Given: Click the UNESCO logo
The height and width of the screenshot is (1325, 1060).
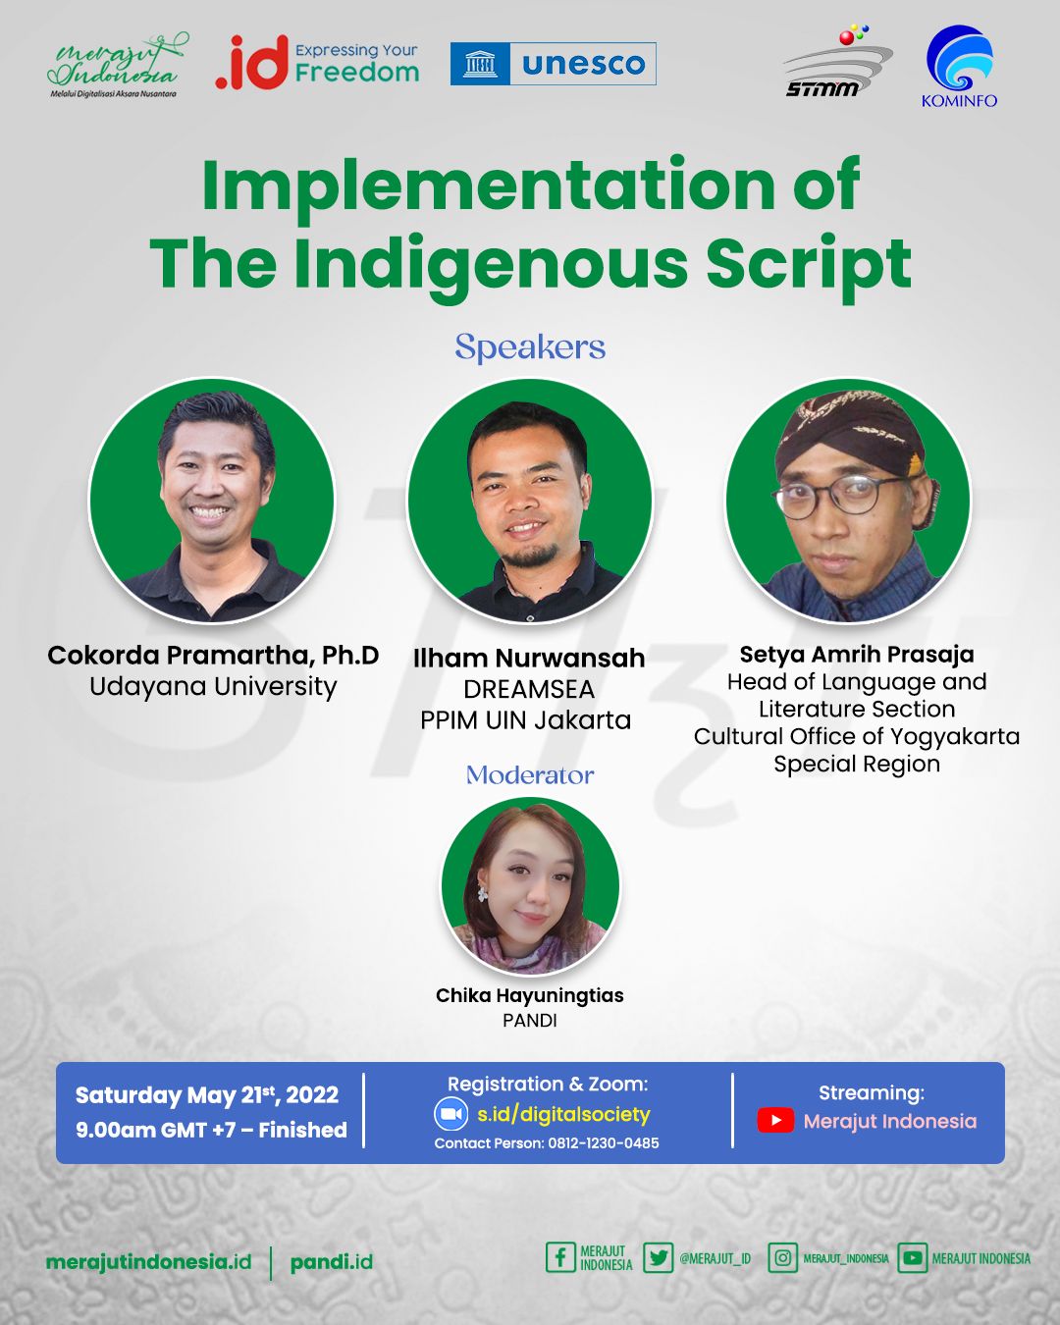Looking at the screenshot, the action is click(554, 64).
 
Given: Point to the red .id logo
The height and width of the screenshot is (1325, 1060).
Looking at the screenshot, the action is click(252, 64).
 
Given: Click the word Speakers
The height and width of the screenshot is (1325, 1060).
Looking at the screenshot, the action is click(530, 347).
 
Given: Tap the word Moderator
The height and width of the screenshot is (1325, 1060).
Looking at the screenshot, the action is click(530, 774).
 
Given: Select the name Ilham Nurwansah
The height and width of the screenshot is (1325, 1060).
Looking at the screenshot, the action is click(529, 659).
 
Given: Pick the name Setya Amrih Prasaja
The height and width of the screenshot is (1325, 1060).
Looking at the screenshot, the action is click(857, 655).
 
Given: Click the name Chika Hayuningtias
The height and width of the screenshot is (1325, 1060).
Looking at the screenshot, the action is click(530, 995).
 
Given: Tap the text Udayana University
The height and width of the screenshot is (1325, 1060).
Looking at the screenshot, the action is click(213, 686).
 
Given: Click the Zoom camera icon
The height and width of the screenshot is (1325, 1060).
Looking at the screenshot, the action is click(451, 1114).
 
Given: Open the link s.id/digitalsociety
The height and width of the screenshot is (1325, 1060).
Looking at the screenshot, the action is click(563, 1114).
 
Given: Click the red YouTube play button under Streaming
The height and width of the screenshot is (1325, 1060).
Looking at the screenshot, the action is click(775, 1121).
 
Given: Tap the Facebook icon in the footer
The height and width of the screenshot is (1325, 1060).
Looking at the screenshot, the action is click(560, 1257).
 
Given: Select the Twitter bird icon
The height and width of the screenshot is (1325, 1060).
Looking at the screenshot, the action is click(658, 1257).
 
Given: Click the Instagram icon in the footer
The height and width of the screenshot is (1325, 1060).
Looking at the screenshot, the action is click(783, 1257).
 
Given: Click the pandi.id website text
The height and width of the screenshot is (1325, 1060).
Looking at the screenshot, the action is click(332, 1262).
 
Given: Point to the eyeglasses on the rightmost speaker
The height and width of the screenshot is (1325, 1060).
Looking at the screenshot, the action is click(841, 495).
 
